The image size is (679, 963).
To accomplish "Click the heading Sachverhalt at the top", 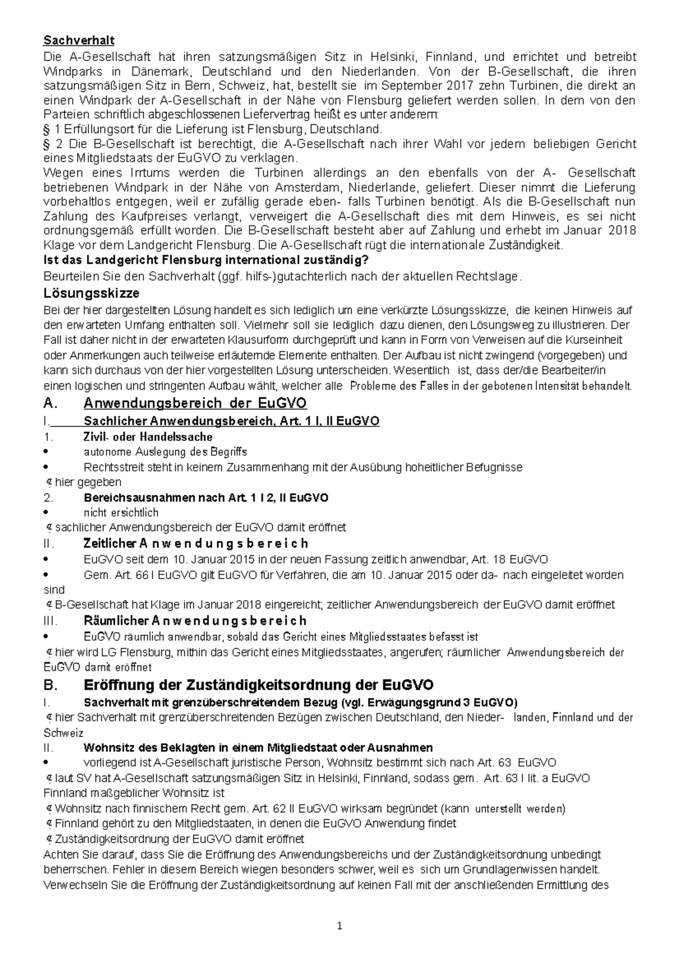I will tap(79, 40).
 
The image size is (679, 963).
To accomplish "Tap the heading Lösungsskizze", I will tap(91, 293).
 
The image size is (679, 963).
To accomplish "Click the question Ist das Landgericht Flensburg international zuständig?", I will tap(206, 260).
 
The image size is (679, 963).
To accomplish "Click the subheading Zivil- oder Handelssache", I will tap(148, 437).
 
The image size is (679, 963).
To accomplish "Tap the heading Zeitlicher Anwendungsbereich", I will tap(195, 543).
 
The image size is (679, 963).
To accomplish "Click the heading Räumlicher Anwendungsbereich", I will tap(195, 620).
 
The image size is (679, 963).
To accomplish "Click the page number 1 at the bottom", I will tap(339, 927).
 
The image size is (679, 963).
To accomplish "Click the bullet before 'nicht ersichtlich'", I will tap(46, 513).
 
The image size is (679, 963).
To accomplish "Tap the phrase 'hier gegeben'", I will tap(88, 482).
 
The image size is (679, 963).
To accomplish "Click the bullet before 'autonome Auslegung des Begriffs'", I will tap(46, 452).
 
